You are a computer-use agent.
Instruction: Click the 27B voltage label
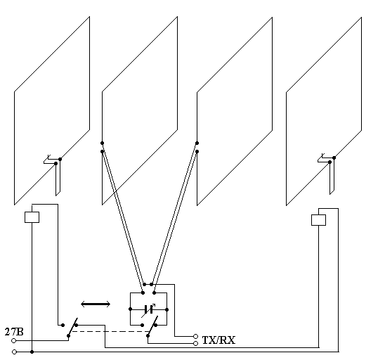[x=14, y=332]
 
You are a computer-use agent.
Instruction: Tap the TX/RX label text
[x=218, y=340]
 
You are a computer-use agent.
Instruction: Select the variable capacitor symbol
[x=148, y=309]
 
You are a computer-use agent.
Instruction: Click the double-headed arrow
[x=96, y=304]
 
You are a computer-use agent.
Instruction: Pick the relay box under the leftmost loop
[x=32, y=217]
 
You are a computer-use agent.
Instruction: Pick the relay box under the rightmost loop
[x=318, y=220]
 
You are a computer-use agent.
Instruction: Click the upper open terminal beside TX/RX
[x=196, y=336]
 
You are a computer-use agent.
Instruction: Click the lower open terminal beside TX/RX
[x=196, y=344]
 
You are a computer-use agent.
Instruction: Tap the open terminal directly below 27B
[x=14, y=340]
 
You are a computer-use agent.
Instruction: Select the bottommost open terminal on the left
[x=15, y=352]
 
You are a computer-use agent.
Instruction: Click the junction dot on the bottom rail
[x=32, y=352]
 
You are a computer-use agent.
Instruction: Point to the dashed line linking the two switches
[x=110, y=331]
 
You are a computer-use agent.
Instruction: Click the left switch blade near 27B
[x=72, y=327]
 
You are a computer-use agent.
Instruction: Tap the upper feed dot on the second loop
[x=102, y=143]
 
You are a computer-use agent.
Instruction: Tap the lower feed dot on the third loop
[x=197, y=152]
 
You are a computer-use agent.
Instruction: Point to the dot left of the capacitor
[x=130, y=309]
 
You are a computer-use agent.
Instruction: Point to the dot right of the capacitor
[x=167, y=309]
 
